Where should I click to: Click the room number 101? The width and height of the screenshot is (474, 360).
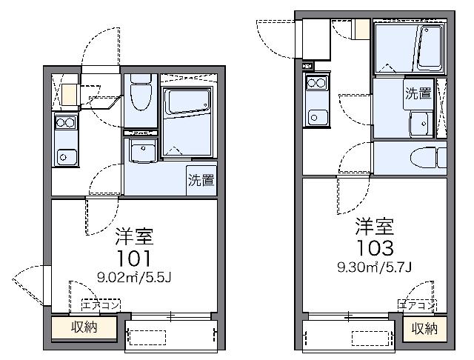134,259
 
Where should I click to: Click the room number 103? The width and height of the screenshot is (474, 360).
375,248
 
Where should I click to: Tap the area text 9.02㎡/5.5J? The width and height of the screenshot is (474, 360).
134,277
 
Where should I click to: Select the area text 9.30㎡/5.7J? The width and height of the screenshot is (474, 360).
375,267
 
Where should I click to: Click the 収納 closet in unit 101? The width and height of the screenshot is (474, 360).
84,327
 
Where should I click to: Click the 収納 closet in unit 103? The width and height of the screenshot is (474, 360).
424,329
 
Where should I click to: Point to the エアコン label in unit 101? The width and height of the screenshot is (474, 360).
101,305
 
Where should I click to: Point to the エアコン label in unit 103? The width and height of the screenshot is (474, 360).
417,305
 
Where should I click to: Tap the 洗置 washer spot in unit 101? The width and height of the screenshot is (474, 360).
201,181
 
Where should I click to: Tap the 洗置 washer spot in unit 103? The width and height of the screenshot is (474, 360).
418,93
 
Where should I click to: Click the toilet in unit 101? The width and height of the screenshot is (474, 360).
141,92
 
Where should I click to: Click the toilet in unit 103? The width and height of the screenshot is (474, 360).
429,157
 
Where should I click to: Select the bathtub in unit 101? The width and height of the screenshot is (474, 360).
187,101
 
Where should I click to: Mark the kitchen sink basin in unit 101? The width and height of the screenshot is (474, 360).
67,157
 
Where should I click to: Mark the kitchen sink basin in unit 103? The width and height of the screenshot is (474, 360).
318,117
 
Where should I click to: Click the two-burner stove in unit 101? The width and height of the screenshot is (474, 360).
66,122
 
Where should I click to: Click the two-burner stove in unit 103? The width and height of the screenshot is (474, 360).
316,82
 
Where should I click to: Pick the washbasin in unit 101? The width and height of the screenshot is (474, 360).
143,150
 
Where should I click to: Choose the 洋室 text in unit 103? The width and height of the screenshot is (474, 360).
375,226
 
